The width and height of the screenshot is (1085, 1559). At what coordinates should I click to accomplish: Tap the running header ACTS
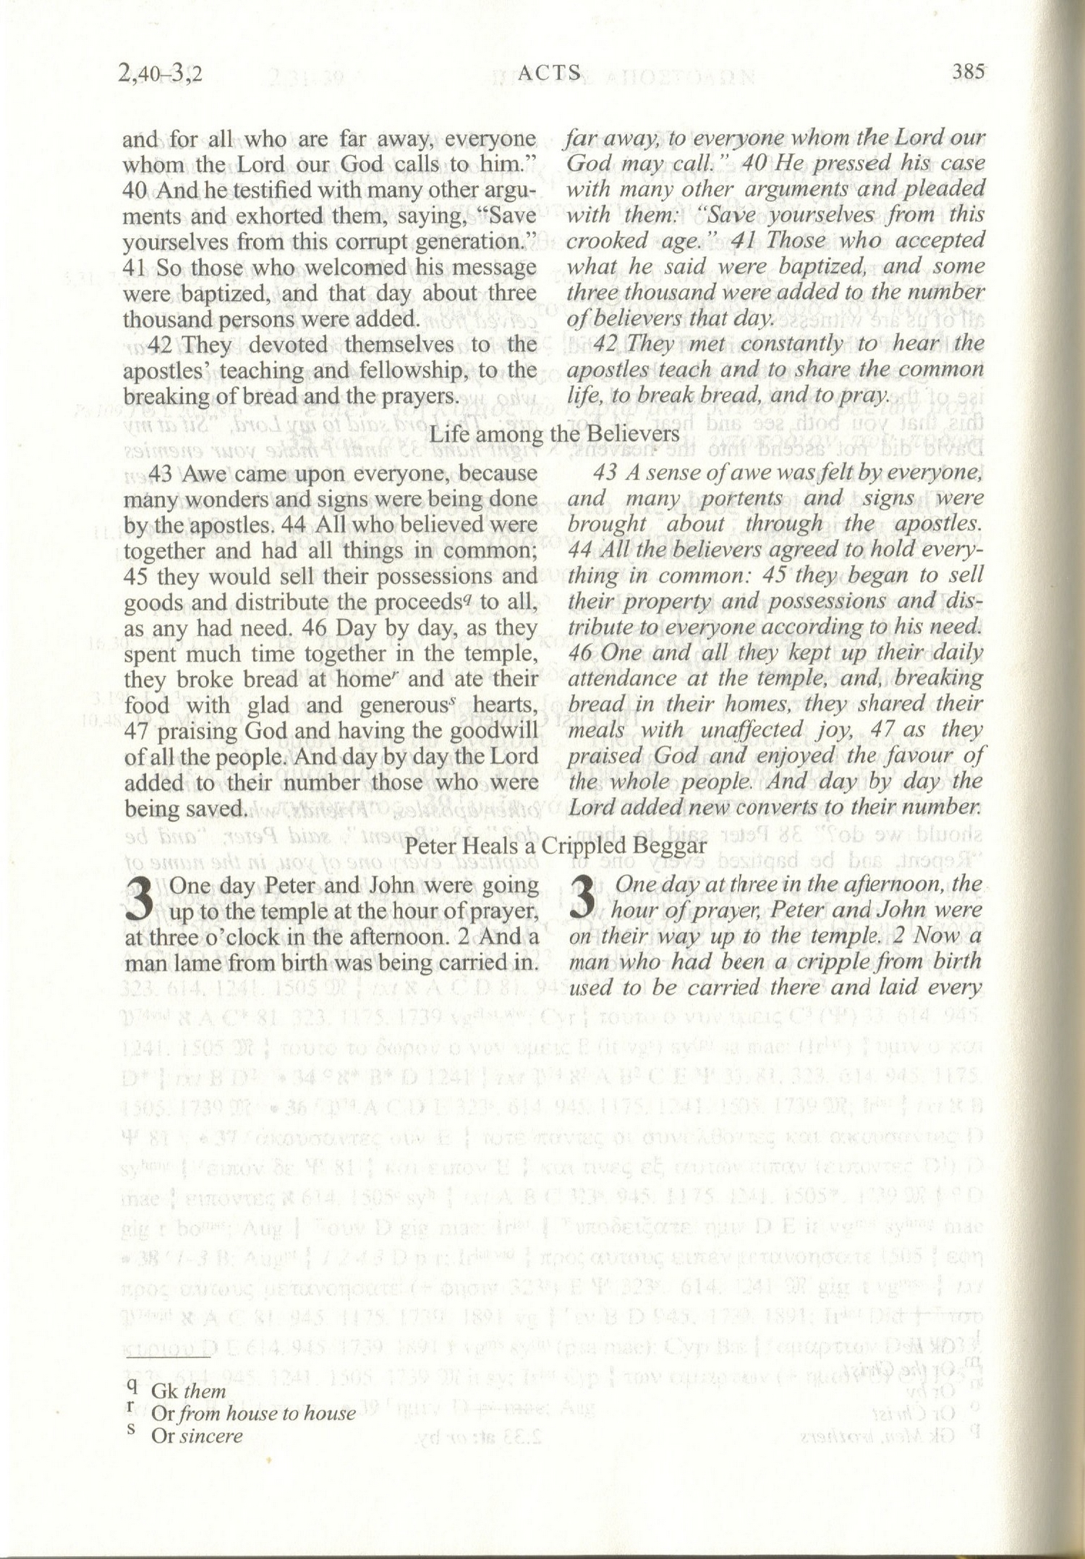pos(550,72)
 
